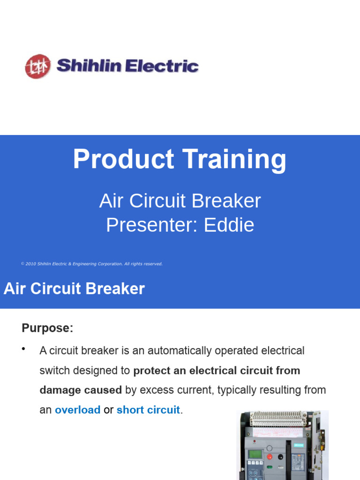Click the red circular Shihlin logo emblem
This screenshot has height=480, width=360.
tap(37, 66)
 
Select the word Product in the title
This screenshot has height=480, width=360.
tap(123, 159)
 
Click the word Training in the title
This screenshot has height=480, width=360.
tap(234, 159)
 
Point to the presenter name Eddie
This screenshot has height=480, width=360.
tap(229, 225)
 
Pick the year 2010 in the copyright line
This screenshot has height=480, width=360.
tap(31, 264)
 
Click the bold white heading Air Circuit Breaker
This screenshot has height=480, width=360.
tap(74, 289)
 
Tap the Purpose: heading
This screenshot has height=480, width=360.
tap(47, 328)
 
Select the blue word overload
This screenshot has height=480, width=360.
tap(77, 410)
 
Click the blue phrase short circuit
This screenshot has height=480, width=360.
tap(148, 410)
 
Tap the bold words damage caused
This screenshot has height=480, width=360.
tap(81, 390)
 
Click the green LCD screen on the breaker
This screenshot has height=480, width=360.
tap(255, 455)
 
